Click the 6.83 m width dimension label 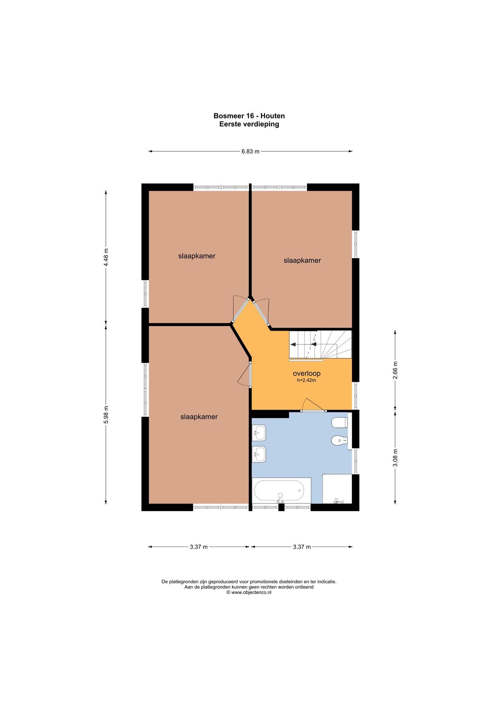pyautogui.click(x=250, y=151)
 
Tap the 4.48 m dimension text pyautogui.click(x=106, y=257)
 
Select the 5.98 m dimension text pyautogui.click(x=106, y=414)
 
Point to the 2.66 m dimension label pyautogui.click(x=395, y=370)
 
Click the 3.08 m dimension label pyautogui.click(x=395, y=458)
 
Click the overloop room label pyautogui.click(x=307, y=373)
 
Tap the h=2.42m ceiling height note pyautogui.click(x=307, y=380)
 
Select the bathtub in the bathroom pyautogui.click(x=281, y=491)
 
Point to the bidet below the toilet pyautogui.click(x=339, y=441)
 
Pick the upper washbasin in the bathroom pyautogui.click(x=259, y=432)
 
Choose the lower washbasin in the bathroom pyautogui.click(x=259, y=454)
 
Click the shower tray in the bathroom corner pyautogui.click(x=337, y=489)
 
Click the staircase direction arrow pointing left pyautogui.click(x=303, y=344)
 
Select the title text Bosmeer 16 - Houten pyautogui.click(x=249, y=116)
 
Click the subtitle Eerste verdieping pyautogui.click(x=249, y=124)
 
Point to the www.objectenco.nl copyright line pyautogui.click(x=249, y=592)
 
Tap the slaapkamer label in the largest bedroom pyautogui.click(x=199, y=417)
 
